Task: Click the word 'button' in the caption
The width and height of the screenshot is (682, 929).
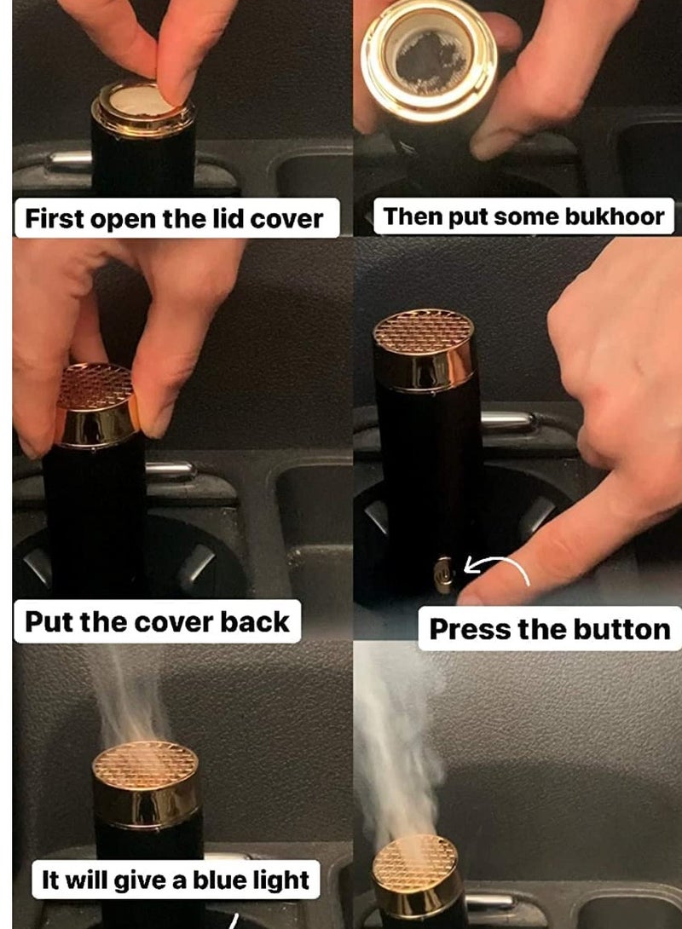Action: click(622, 629)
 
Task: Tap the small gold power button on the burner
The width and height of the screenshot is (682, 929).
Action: click(442, 574)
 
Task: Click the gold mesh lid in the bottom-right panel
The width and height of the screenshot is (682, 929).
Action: click(417, 860)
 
